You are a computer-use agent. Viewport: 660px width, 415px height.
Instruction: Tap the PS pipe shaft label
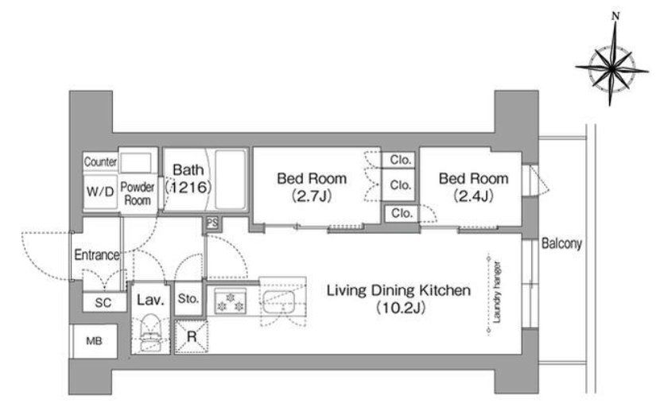pyautogui.click(x=212, y=223)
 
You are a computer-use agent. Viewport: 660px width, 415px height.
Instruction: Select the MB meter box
pyautogui.click(x=94, y=341)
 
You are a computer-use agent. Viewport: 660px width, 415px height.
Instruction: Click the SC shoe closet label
pyautogui.click(x=103, y=302)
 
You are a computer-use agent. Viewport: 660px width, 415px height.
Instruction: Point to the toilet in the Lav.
pyautogui.click(x=150, y=333)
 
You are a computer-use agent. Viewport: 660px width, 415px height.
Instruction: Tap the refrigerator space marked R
pyautogui.click(x=192, y=337)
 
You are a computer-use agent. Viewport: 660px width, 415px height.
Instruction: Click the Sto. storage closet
pyautogui.click(x=188, y=299)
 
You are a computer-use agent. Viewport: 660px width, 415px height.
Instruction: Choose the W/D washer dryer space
pyautogui.click(x=100, y=192)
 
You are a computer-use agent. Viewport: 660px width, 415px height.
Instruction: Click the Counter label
pyautogui.click(x=100, y=161)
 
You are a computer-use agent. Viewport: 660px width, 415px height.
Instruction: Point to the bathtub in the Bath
pyautogui.click(x=231, y=180)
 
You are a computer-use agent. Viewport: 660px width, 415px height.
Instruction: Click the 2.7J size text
pyautogui.click(x=312, y=196)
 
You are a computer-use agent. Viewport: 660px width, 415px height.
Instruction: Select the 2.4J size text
pyautogui.click(x=474, y=196)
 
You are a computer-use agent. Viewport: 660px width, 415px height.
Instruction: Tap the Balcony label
pyautogui.click(x=561, y=244)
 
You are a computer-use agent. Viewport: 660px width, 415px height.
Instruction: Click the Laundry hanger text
pyautogui.click(x=497, y=293)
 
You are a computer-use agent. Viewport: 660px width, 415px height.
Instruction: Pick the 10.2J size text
pyautogui.click(x=400, y=308)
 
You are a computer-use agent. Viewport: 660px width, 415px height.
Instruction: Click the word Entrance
pyautogui.click(x=97, y=254)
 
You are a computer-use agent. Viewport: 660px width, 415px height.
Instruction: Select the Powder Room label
pyautogui.click(x=138, y=194)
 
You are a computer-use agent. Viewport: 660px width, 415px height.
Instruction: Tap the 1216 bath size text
pyautogui.click(x=188, y=187)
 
